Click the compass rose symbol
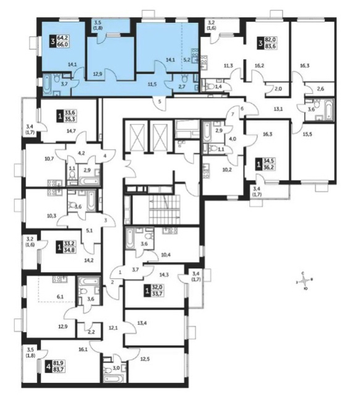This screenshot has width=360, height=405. (305, 281)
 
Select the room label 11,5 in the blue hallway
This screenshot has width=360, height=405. (152, 84)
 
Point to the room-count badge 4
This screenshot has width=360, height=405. (49, 368)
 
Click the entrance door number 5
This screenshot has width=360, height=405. (160, 101)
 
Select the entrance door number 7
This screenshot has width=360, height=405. (233, 114)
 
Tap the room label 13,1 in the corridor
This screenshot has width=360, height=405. (278, 109)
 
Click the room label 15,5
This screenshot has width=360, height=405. (307, 134)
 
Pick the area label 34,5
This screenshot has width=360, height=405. (268, 161)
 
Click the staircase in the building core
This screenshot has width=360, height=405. (164, 210)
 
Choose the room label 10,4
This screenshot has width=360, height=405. (166, 255)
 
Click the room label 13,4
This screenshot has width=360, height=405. (142, 323)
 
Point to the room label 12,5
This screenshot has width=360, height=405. (145, 359)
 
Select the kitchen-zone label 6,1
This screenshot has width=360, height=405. (60, 297)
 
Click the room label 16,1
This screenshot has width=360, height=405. (84, 349)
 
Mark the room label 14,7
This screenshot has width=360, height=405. (71, 131)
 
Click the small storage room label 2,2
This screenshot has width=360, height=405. (91, 332)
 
